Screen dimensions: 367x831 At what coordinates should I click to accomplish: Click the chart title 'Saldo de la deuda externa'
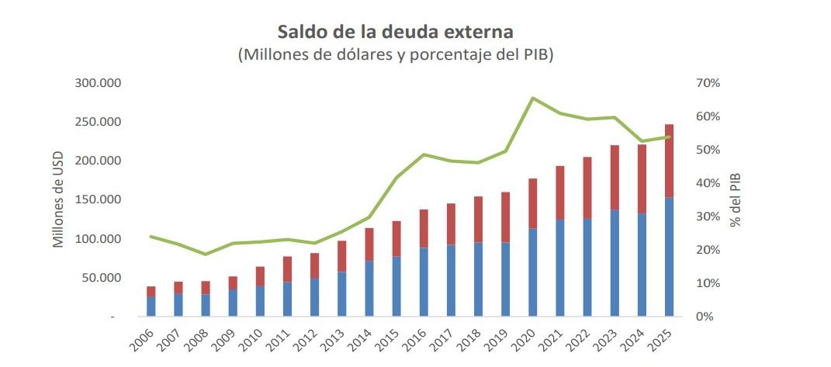(395, 33)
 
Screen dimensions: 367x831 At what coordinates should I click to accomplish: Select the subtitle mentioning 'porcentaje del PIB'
(395, 55)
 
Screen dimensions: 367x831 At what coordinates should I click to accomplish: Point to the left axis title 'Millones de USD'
(57, 199)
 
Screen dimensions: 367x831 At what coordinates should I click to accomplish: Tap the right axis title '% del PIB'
(736, 199)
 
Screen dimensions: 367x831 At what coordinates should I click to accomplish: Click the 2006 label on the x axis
(143, 338)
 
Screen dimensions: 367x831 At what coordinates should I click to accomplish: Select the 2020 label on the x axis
(524, 338)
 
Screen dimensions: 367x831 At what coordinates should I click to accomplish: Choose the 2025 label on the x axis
(660, 338)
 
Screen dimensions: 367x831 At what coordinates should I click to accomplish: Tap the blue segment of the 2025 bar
(669, 257)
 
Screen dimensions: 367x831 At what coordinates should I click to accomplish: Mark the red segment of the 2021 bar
(560, 192)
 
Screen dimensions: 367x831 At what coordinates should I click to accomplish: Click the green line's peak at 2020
(532, 98)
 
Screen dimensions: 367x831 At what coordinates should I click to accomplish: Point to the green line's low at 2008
(206, 254)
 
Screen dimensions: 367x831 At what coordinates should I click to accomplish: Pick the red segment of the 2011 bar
(287, 269)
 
